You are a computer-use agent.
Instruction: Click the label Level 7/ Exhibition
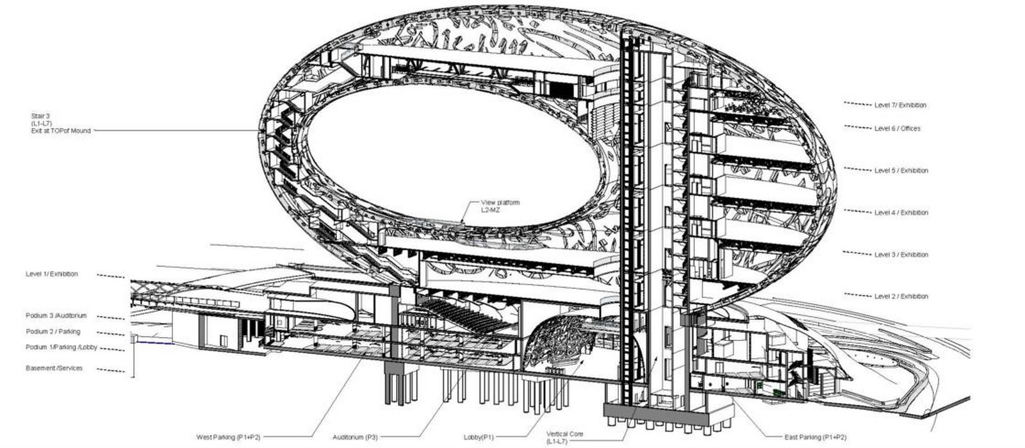tap(900, 105)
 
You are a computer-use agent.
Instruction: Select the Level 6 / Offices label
tap(897, 129)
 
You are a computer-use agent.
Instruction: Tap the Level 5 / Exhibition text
tap(901, 170)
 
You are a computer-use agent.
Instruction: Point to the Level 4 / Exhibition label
tap(901, 213)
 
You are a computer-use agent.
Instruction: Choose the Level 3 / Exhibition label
tap(901, 255)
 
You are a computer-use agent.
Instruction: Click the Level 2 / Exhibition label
tap(901, 297)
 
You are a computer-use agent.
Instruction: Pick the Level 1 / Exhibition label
tap(52, 274)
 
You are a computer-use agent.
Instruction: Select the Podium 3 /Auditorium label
tap(56, 316)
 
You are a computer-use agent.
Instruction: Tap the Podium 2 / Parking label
tap(53, 331)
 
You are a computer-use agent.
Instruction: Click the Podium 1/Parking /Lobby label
tap(61, 347)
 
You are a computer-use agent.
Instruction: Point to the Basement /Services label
tap(54, 369)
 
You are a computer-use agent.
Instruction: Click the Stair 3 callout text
tap(61, 124)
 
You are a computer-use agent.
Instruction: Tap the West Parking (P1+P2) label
tap(228, 438)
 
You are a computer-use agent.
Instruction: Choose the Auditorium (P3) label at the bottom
tap(355, 438)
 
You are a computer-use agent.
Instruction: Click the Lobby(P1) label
tap(479, 438)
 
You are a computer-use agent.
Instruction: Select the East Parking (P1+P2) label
tap(816, 438)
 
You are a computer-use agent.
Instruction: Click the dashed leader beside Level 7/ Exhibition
tap(858, 104)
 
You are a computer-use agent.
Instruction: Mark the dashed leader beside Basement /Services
tap(111, 370)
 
